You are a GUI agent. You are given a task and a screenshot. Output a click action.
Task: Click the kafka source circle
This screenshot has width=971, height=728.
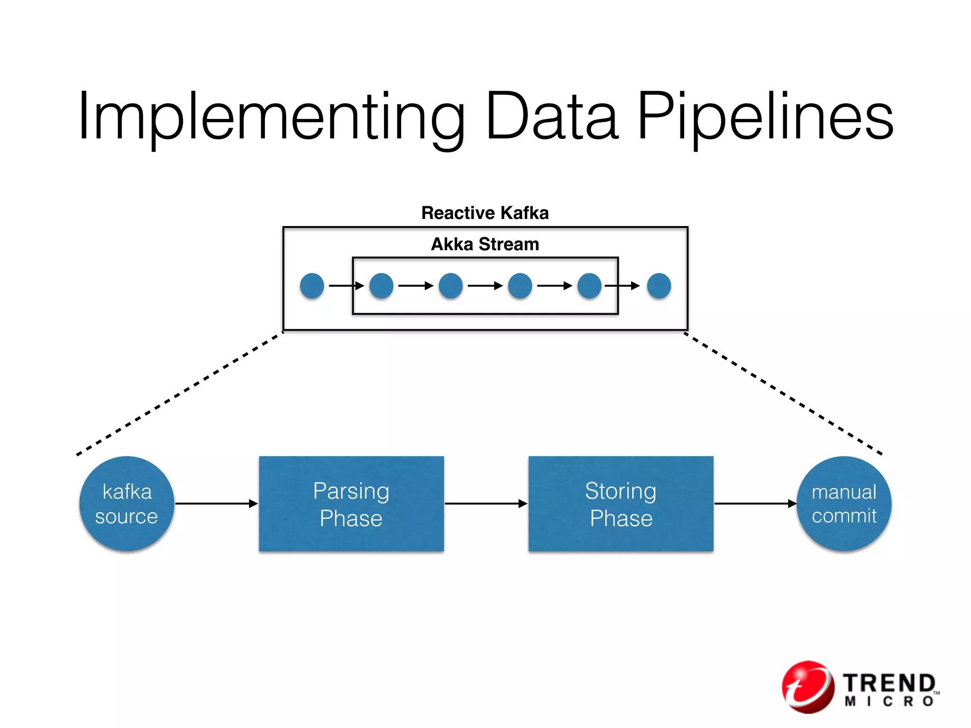[127, 503]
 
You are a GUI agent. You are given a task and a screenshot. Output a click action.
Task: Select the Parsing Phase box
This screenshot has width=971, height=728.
[351, 503]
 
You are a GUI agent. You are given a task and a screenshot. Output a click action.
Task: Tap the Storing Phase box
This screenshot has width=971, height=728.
[621, 503]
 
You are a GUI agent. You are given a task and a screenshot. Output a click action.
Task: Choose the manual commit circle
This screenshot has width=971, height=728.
[844, 503]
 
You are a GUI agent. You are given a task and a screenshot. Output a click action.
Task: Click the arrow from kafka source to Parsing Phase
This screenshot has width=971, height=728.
[216, 503]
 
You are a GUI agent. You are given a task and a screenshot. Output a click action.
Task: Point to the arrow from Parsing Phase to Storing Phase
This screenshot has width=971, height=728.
[486, 503]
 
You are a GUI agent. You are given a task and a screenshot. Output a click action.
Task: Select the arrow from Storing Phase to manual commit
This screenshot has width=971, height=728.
[755, 503]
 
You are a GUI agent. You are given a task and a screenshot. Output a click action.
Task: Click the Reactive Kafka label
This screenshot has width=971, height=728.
[485, 213]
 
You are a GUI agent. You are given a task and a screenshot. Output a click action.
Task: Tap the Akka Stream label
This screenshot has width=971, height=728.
[485, 245]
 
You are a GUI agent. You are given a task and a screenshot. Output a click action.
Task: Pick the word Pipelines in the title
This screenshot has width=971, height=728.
[765, 118]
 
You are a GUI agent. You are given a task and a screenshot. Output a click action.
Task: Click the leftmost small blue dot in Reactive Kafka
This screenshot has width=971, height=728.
[312, 286]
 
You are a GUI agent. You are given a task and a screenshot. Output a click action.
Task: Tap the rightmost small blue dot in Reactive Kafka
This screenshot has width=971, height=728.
[659, 286]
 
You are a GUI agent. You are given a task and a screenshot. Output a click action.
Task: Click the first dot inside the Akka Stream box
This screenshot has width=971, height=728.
[381, 286]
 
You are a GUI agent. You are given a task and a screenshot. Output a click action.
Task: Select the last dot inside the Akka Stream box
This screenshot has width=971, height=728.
[589, 286]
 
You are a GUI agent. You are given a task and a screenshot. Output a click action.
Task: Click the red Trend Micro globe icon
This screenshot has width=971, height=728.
[808, 687]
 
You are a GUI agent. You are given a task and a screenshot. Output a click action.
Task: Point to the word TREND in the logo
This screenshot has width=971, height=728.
[889, 683]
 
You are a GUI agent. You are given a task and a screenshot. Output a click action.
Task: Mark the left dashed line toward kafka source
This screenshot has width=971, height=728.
[180, 393]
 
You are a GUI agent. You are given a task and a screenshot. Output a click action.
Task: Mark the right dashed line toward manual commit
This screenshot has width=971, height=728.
[782, 393]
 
